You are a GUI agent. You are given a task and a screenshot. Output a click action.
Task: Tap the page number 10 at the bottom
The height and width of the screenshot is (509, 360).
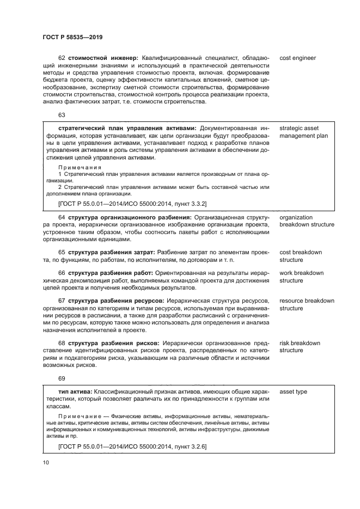[x=46, y=463]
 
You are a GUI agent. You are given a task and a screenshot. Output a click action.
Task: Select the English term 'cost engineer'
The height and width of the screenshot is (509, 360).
[x=297, y=58]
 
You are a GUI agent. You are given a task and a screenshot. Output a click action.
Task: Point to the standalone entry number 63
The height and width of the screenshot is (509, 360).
[x=61, y=115]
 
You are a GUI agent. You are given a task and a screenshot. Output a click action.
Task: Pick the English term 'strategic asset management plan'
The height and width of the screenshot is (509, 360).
[x=303, y=132]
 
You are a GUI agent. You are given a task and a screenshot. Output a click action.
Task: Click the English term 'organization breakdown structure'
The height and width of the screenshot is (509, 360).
[x=307, y=220]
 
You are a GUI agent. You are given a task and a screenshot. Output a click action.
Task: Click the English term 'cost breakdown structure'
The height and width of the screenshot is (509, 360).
[x=300, y=256]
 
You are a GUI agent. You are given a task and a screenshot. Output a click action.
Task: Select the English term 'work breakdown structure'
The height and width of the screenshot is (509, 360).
[x=301, y=277]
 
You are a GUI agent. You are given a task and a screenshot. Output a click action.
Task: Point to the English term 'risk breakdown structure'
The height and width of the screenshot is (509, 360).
[x=300, y=346]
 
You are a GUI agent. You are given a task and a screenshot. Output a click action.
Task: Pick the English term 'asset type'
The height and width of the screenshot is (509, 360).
[x=293, y=391]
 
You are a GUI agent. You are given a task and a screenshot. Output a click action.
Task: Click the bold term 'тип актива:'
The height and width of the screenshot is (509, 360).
[x=75, y=391]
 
